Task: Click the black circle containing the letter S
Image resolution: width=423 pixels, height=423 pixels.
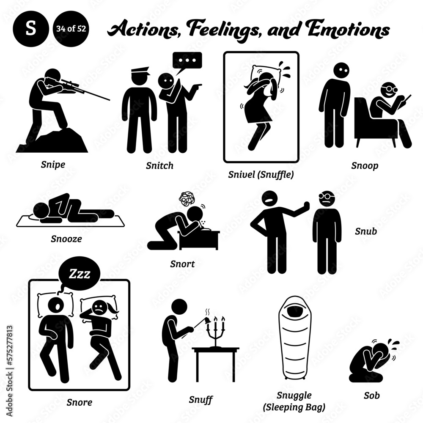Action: pyautogui.click(x=28, y=30)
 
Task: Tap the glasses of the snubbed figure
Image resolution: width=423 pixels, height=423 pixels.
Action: pyautogui.click(x=327, y=197)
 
